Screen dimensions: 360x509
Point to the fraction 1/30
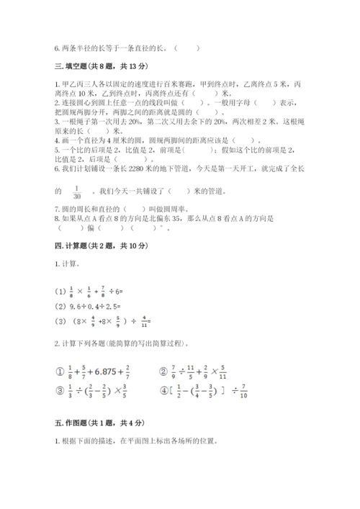(77, 192)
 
